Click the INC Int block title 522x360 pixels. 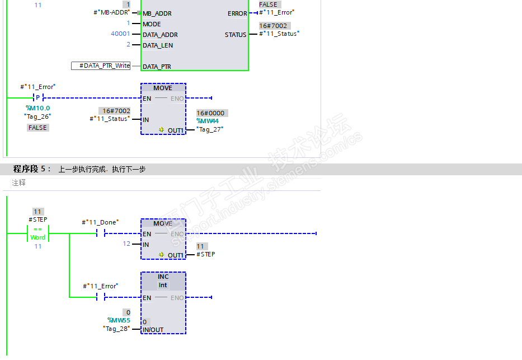click(163, 280)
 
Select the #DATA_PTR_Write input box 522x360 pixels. click(101, 66)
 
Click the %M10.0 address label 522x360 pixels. click(37, 108)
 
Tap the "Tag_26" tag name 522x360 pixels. click(37, 116)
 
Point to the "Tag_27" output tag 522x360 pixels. click(210, 129)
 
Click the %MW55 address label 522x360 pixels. click(119, 320)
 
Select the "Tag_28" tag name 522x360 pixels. click(116, 329)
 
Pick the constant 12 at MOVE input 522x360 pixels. click(126, 244)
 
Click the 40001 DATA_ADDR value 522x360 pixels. click(120, 34)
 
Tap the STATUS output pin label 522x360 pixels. click(236, 35)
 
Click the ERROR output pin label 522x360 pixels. click(237, 13)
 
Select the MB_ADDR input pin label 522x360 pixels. click(157, 13)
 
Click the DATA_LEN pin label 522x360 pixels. click(158, 45)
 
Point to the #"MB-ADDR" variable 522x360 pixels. click(111, 12)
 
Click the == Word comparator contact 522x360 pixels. click(38, 233)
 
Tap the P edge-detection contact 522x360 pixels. click(38, 97)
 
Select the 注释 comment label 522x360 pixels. click(19, 183)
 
